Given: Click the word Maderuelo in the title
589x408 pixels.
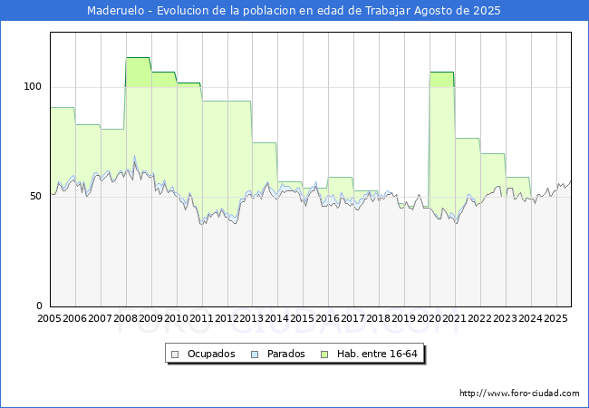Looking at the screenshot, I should coord(118,11).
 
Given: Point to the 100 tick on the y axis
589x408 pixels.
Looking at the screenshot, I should coord(33,87).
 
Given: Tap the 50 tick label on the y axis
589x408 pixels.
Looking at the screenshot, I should coord(35,197).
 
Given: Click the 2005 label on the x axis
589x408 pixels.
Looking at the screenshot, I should coord(50,319).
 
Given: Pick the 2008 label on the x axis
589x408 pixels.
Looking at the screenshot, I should coord(125,319).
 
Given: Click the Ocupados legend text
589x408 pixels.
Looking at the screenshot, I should coord(211,354).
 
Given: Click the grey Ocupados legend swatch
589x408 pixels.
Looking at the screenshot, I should coord(176,354).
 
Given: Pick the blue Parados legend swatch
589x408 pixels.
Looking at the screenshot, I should coord(256,354).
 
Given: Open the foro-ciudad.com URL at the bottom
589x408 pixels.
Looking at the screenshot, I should coord(519,393).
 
